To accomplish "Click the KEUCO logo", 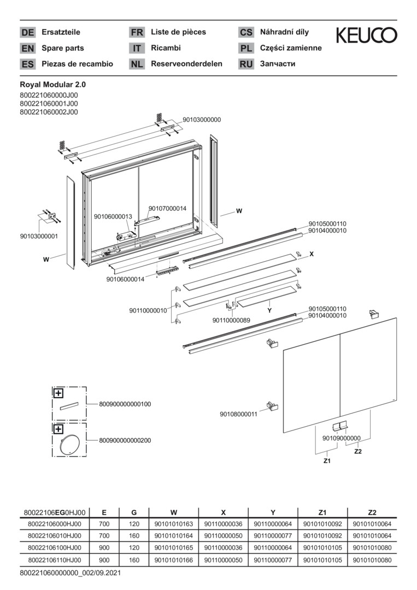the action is (x=366, y=35).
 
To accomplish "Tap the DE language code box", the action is (x=27, y=32).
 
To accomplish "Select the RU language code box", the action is (x=246, y=64).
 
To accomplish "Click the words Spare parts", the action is (x=63, y=48).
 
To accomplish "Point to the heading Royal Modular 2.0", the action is (x=52, y=85).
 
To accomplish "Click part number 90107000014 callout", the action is (x=167, y=209).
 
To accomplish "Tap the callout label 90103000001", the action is (x=39, y=237).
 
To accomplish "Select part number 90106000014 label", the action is (x=125, y=279).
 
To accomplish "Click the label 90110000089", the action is (x=232, y=320).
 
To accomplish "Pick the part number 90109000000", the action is (x=342, y=438).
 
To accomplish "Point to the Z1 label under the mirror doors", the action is (x=327, y=461).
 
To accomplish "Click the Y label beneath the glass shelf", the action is (x=269, y=311).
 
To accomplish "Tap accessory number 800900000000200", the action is (x=125, y=440).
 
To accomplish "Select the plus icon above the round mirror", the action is (x=58, y=429).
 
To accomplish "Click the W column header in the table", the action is (x=173, y=512).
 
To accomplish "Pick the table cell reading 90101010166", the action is (x=173, y=560).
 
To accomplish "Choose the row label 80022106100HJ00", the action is (x=55, y=548).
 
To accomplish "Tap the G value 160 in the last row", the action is (x=134, y=560).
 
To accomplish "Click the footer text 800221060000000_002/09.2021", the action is (x=71, y=573).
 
